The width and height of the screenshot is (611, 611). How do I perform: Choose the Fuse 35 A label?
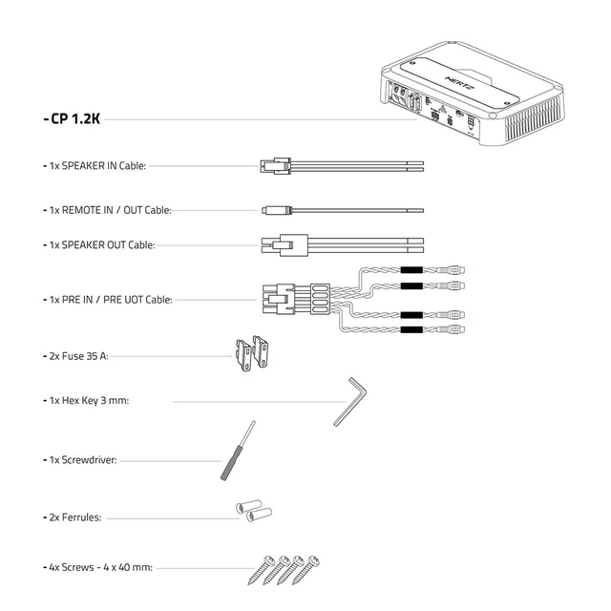[79, 356]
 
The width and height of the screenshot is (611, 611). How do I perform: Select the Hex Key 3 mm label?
[89, 401]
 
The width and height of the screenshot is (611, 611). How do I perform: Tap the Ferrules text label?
[75, 517]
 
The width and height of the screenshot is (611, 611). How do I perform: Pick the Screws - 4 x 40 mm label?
[99, 566]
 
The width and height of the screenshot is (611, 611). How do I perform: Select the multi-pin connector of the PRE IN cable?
[282, 298]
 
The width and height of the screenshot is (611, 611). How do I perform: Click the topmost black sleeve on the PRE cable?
[411, 270]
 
